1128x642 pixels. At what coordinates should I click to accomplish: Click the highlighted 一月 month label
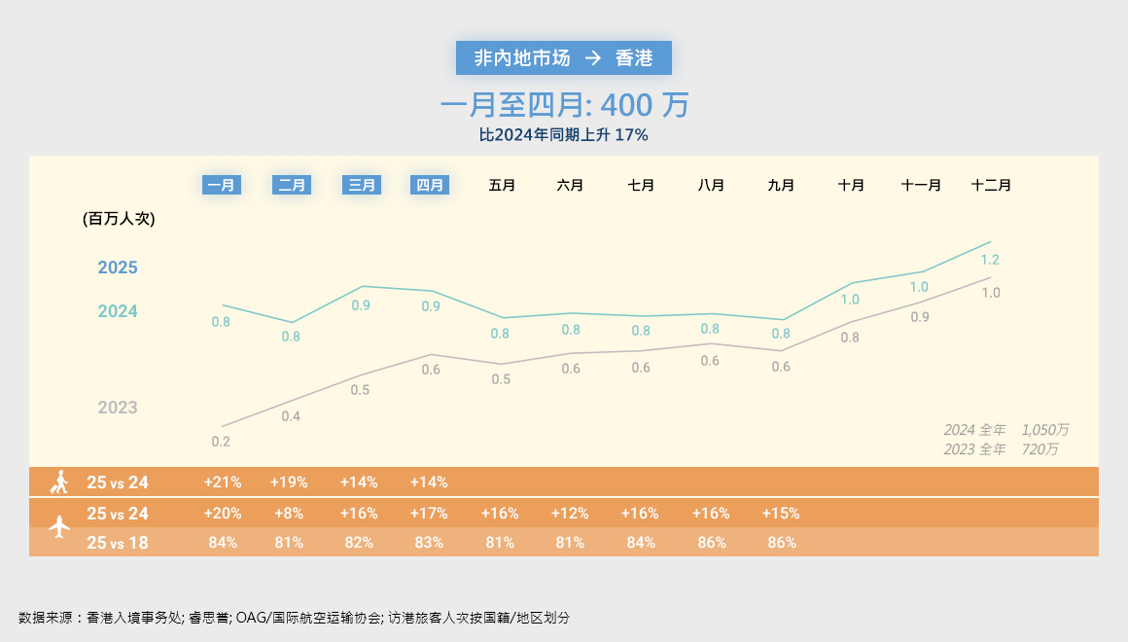221,185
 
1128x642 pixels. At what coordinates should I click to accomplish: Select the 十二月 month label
991,185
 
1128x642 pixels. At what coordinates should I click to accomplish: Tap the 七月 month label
641,185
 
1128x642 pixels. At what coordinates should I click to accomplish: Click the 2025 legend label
118,267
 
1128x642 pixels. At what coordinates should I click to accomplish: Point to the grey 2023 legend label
118,408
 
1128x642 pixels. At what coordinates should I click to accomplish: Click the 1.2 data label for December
990,260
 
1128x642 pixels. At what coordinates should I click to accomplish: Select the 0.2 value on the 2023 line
221,442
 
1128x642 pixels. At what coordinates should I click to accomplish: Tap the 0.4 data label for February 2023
291,416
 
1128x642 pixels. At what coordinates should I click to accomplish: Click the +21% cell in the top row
223,481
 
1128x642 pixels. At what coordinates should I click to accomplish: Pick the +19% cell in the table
289,481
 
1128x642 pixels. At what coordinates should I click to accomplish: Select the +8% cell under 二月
289,513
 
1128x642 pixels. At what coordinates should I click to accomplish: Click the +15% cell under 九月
780,513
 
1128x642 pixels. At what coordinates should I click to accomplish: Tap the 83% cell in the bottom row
429,543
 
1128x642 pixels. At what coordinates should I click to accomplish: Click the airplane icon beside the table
59,527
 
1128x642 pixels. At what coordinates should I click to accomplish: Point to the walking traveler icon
59,481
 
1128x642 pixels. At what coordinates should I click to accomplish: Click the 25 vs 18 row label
118,543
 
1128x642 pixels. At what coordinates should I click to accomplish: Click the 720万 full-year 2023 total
1040,449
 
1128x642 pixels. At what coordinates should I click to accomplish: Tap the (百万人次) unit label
120,219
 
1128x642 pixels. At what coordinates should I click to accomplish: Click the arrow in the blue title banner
592,58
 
